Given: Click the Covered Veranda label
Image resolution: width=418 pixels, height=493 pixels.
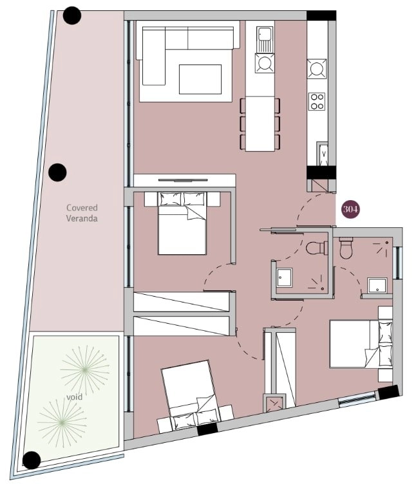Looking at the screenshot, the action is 82,213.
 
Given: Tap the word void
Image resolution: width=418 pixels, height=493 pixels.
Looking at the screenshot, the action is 75,397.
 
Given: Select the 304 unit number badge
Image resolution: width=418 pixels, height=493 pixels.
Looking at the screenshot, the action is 350,209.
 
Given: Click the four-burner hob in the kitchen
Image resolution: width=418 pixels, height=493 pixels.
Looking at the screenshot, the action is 316,102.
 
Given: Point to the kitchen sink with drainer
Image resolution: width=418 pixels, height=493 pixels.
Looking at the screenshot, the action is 265,40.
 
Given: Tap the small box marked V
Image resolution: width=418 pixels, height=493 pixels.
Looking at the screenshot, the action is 323,153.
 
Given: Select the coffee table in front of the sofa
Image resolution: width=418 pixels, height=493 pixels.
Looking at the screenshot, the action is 200,79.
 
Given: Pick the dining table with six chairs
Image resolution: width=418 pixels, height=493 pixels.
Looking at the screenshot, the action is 260,124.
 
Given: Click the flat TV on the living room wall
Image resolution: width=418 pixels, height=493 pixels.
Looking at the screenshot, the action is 183,180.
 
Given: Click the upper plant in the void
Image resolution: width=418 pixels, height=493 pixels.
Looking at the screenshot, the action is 85,369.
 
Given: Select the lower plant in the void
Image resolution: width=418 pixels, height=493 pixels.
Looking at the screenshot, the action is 62,423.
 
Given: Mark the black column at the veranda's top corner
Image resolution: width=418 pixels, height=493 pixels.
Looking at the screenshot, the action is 72,15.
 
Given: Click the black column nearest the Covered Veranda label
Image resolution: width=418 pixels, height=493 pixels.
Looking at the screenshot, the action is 57,172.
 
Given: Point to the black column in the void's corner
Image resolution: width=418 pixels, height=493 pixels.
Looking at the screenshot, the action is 32,460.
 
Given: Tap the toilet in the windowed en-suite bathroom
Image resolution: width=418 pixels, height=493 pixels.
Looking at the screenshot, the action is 346,248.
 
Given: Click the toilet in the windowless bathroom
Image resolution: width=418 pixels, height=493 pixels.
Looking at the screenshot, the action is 317,248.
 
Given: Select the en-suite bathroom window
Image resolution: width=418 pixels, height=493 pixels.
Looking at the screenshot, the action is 398,263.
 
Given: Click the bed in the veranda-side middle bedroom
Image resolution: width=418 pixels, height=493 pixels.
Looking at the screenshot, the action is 182,223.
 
